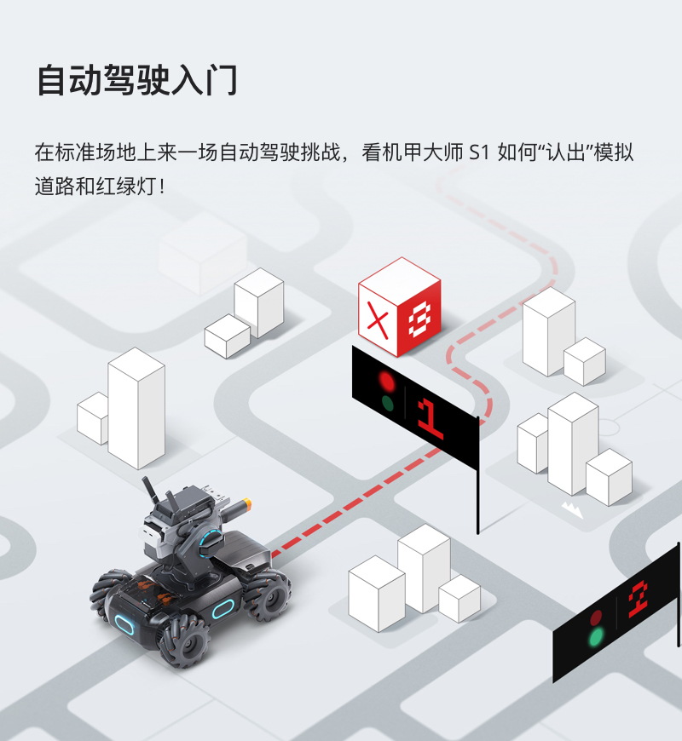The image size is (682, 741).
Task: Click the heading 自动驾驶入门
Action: (x=137, y=80)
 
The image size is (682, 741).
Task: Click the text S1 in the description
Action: (x=478, y=152)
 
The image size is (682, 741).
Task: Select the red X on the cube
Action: (x=378, y=320)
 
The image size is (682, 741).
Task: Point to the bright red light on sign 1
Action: (x=386, y=381)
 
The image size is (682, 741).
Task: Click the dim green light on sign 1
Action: (x=387, y=404)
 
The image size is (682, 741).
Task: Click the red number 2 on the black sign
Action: (x=638, y=600)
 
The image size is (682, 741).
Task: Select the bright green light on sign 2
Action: (x=596, y=637)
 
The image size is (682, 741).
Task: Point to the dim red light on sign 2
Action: (x=596, y=617)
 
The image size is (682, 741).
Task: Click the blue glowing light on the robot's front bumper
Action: (x=124, y=625)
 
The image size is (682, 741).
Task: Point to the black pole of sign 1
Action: (x=477, y=475)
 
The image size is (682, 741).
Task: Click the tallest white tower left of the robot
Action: (x=136, y=408)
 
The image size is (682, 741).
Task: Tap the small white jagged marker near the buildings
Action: (x=572, y=510)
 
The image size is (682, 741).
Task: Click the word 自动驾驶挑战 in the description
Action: (x=280, y=152)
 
